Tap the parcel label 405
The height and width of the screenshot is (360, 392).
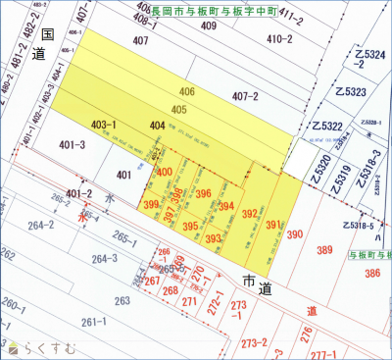tap(178, 109)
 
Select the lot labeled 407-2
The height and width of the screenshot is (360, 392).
tap(245, 97)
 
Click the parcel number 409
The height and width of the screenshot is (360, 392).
tap(208, 26)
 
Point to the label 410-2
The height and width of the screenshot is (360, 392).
tap(278, 39)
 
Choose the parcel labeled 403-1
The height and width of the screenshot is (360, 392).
tap(104, 125)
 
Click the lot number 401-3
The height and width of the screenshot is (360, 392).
tap(73, 145)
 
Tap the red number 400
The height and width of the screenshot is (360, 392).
tap(165, 172)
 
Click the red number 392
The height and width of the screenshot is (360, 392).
tap(250, 213)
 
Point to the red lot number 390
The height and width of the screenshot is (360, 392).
tap(295, 234)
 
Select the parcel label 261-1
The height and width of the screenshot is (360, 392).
tap(93, 322)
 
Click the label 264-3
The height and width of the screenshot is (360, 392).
tap(104, 259)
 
